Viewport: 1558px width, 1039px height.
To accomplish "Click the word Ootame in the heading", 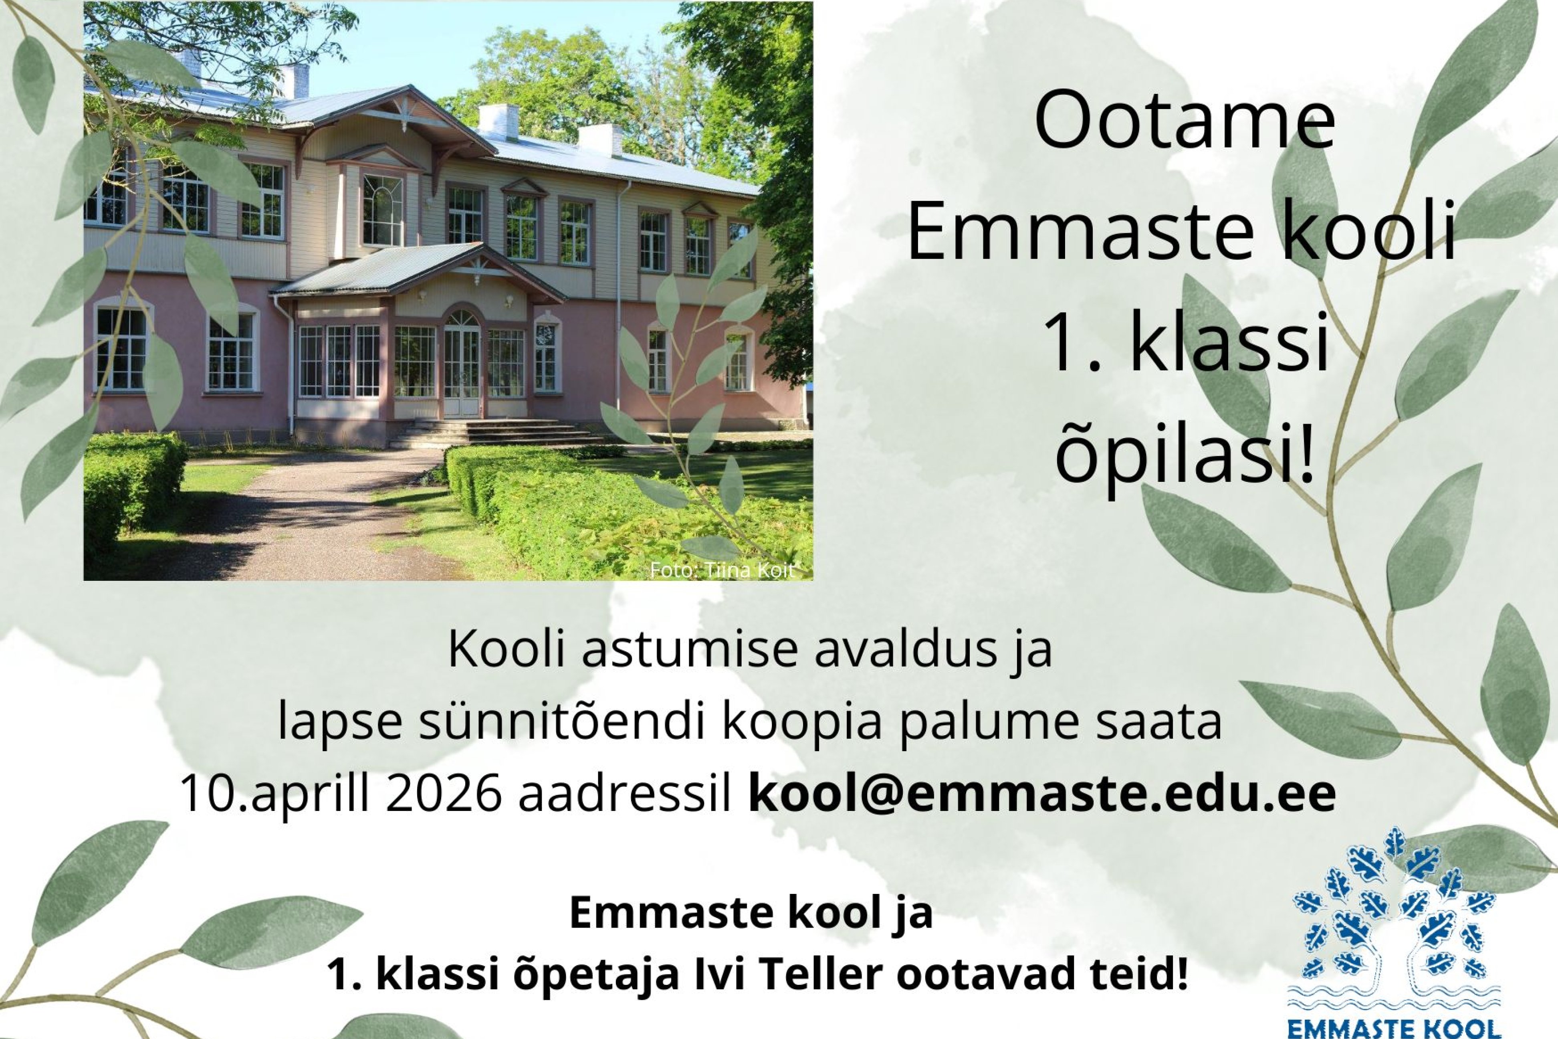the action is (x=1185, y=123).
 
